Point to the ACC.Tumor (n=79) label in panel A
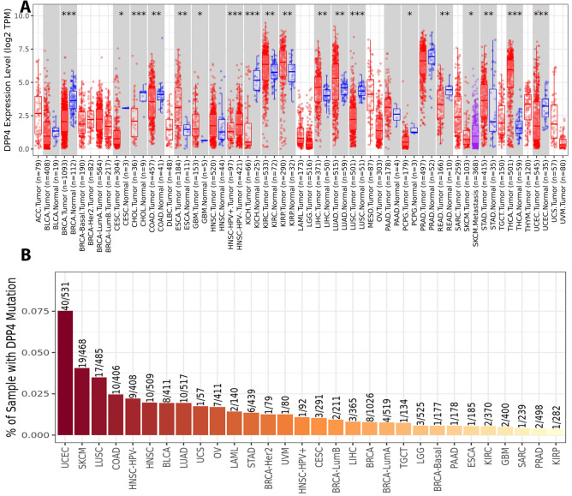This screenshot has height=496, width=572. tap(39, 184)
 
